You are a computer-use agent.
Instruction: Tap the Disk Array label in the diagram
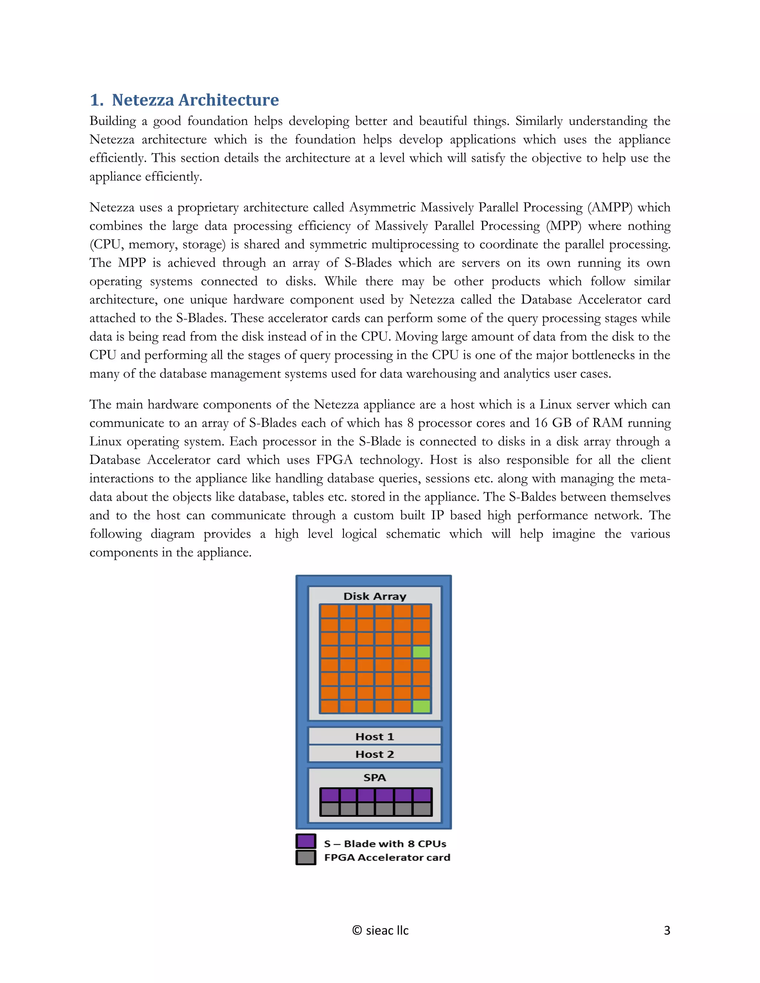[374, 596]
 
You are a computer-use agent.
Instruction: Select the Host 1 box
[374, 737]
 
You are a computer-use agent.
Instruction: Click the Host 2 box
[374, 754]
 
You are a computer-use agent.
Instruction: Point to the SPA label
[374, 778]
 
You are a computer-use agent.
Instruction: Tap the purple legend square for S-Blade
[306, 841]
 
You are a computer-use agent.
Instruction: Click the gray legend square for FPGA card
[306, 857]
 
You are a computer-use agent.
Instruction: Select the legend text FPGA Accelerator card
[387, 857]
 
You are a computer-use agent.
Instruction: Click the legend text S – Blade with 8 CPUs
[385, 844]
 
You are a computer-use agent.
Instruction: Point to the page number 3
[667, 930]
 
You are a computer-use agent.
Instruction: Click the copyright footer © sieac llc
[380, 930]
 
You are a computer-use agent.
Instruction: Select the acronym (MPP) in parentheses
[563, 226]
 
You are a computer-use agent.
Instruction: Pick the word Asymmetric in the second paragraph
[382, 207]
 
